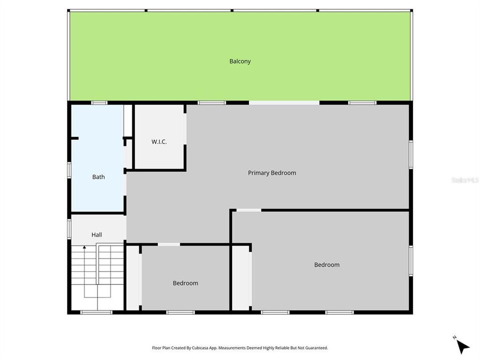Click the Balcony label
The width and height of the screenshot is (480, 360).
[x=240, y=61]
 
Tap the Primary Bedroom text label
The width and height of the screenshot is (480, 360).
[x=272, y=173]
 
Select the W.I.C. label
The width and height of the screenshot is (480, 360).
[x=159, y=141]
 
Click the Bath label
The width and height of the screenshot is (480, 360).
[x=98, y=176]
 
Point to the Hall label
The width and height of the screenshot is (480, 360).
[x=96, y=234]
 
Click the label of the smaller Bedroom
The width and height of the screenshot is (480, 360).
[x=185, y=283]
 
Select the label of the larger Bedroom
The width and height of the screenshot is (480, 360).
[x=326, y=264]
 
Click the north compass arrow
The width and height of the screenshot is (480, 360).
[x=462, y=345]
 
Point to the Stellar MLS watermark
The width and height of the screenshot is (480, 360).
[x=464, y=179]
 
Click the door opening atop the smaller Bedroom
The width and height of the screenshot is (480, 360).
[x=169, y=244]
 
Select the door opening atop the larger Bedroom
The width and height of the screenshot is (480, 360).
[x=248, y=210]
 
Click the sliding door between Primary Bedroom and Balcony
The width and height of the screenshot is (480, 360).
[x=284, y=102]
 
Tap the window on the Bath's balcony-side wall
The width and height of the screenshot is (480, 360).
[x=99, y=102]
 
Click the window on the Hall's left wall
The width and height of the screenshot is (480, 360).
[x=69, y=227]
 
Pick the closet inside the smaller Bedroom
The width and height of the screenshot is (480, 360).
[x=133, y=277]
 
